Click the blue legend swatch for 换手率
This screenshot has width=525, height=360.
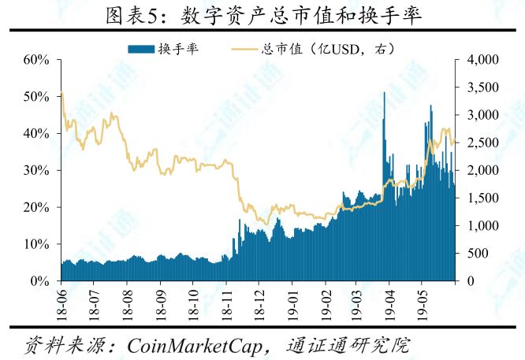click(141, 49)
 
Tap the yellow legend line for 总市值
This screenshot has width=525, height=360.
click(244, 50)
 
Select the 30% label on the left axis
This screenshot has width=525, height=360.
click(36, 171)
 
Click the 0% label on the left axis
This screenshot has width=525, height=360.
click(39, 281)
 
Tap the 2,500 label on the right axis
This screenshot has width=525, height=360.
click(482, 143)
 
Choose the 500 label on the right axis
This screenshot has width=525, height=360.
click(478, 254)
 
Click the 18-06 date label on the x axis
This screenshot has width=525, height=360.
click(61, 305)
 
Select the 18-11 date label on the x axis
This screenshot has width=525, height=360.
click(226, 305)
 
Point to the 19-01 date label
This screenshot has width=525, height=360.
click(292, 305)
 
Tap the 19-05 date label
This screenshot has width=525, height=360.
click(422, 305)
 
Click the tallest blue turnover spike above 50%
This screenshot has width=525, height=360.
click(384, 134)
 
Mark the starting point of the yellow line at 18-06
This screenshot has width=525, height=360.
click(61, 93)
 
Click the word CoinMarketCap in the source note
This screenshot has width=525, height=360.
click(195, 346)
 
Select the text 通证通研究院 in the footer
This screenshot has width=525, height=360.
click(348, 345)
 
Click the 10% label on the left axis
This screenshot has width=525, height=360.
click(36, 244)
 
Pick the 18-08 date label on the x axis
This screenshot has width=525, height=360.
click(128, 305)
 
